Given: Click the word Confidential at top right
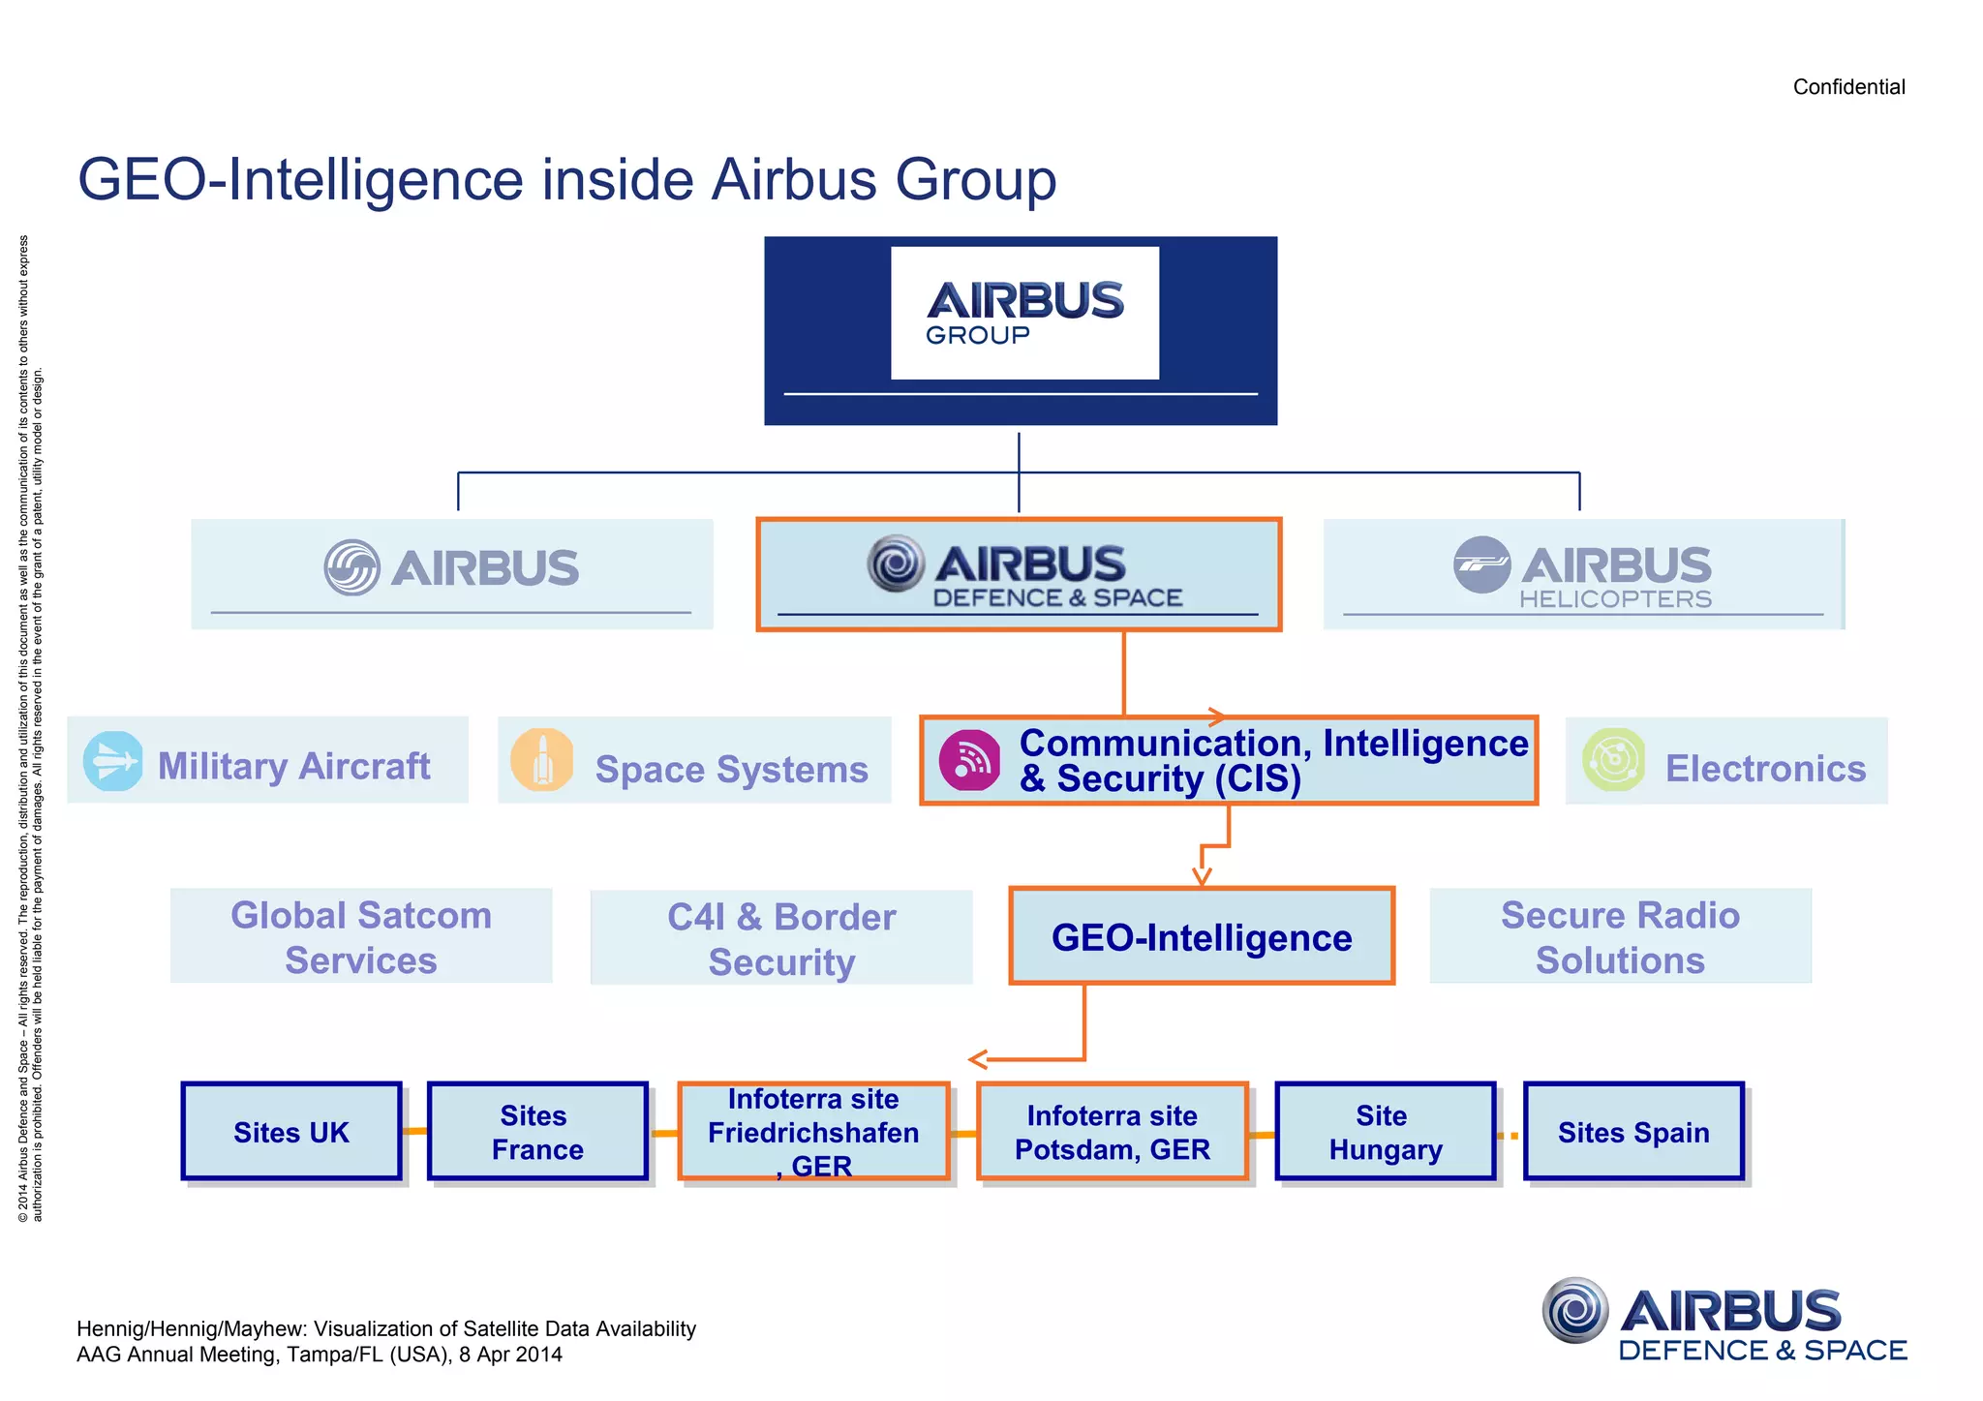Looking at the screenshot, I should pos(1848,87).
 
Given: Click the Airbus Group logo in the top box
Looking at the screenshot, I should pos(1024,312).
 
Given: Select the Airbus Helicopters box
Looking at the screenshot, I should pos(1583,574).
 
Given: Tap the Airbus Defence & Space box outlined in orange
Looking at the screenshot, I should pos(1019,574).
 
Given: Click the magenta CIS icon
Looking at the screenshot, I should pos(969,760).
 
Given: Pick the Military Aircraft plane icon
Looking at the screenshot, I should pos(112,761).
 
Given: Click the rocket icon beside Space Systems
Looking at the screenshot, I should pos(542,760).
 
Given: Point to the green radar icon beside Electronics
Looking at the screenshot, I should pos(1613,760).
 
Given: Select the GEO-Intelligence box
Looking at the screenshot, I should pos(1202,936).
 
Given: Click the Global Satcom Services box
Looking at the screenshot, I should pos(361,936).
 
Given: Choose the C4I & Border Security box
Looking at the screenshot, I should pos(781,938).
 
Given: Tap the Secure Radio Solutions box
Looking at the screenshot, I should pos(1620,936).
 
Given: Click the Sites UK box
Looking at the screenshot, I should pos(291,1132).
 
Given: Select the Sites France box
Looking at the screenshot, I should pos(537,1132).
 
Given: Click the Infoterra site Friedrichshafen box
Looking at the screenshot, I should pos(813,1132).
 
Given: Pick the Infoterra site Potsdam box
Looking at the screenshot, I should pos(1113,1132).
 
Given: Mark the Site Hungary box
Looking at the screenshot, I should pos(1386,1132).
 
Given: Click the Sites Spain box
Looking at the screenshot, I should pos(1633,1132).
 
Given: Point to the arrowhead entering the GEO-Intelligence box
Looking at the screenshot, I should pos(1202,877).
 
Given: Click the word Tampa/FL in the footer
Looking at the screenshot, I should pos(331,1355).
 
